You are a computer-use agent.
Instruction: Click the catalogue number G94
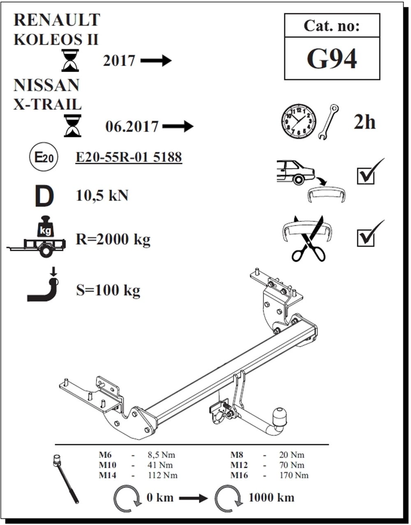point(332,59)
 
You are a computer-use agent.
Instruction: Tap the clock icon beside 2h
point(298,121)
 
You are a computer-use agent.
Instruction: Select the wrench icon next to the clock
point(329,122)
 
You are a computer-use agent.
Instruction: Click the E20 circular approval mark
point(43,157)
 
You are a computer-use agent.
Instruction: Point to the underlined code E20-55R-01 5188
point(129,157)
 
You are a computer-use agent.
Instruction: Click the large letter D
point(44,196)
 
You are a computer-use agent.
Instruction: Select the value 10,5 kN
point(102,196)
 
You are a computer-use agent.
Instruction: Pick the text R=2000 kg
point(113,239)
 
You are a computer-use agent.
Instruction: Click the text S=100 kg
point(108,290)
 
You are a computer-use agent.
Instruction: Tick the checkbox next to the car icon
point(366,175)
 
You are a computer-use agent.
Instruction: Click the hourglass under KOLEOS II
point(70,60)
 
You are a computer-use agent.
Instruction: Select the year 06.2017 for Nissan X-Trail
point(132,126)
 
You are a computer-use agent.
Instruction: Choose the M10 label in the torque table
point(107,465)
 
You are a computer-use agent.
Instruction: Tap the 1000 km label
point(271,497)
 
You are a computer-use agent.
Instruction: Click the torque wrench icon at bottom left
point(67,478)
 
